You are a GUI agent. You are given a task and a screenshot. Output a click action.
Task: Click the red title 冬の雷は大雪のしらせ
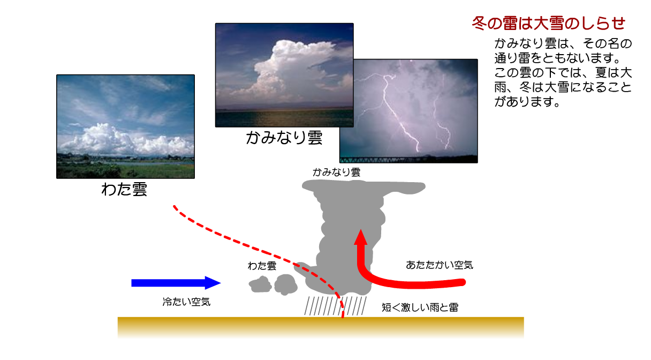(x=548, y=23)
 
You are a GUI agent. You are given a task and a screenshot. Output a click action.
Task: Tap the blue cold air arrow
(x=176, y=283)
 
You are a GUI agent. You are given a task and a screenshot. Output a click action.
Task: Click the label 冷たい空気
(x=186, y=302)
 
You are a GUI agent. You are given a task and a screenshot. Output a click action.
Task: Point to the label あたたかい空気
(x=440, y=265)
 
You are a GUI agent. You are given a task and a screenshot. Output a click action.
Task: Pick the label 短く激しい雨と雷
(x=420, y=307)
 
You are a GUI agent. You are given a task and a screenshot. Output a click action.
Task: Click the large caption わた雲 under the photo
(x=124, y=189)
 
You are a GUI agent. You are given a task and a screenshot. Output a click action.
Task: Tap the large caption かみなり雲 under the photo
(x=284, y=138)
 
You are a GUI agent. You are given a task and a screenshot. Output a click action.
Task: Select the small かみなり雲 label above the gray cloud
(x=336, y=172)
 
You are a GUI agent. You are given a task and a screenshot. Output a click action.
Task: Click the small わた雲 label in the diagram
(x=262, y=266)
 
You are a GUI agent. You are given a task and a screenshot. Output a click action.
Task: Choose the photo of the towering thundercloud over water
(x=284, y=75)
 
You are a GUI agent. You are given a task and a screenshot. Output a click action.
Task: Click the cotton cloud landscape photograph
(x=126, y=126)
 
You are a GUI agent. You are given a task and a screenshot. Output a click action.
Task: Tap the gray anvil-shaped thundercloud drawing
(x=349, y=232)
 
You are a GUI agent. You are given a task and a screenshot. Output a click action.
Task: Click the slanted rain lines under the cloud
(x=335, y=306)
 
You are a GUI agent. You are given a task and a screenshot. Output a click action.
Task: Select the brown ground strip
(x=321, y=327)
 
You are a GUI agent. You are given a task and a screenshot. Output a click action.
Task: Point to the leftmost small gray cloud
(x=260, y=284)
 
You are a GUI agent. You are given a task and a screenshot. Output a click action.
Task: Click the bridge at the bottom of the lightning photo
(x=408, y=160)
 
